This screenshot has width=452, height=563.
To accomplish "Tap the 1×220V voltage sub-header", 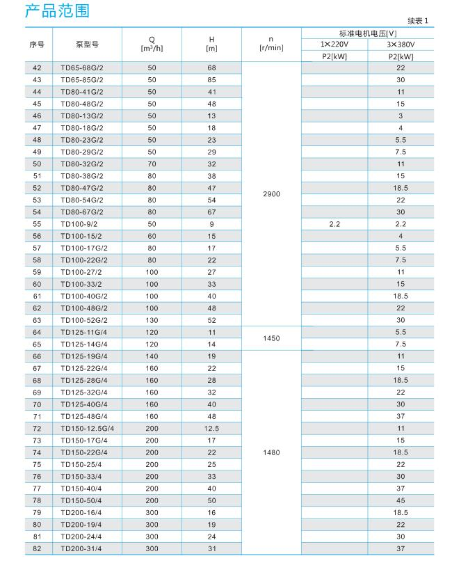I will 334,44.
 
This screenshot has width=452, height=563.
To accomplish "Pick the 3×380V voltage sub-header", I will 400,44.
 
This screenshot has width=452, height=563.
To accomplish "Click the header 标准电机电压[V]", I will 367,33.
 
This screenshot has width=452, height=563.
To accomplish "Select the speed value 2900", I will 271,194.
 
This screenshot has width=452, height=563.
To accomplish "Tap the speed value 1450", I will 271,338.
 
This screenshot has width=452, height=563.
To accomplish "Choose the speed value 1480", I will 271,453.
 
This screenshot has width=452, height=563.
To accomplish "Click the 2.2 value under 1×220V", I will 334,224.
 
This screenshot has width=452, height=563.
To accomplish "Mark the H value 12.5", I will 211,429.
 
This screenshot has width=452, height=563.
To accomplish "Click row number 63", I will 37,320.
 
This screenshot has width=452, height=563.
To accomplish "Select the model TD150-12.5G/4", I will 87,429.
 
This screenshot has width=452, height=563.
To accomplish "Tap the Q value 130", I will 152,320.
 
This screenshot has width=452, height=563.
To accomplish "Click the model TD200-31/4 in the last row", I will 81,549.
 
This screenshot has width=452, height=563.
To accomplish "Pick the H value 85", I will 211,80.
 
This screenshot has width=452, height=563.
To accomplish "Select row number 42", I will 37,68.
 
